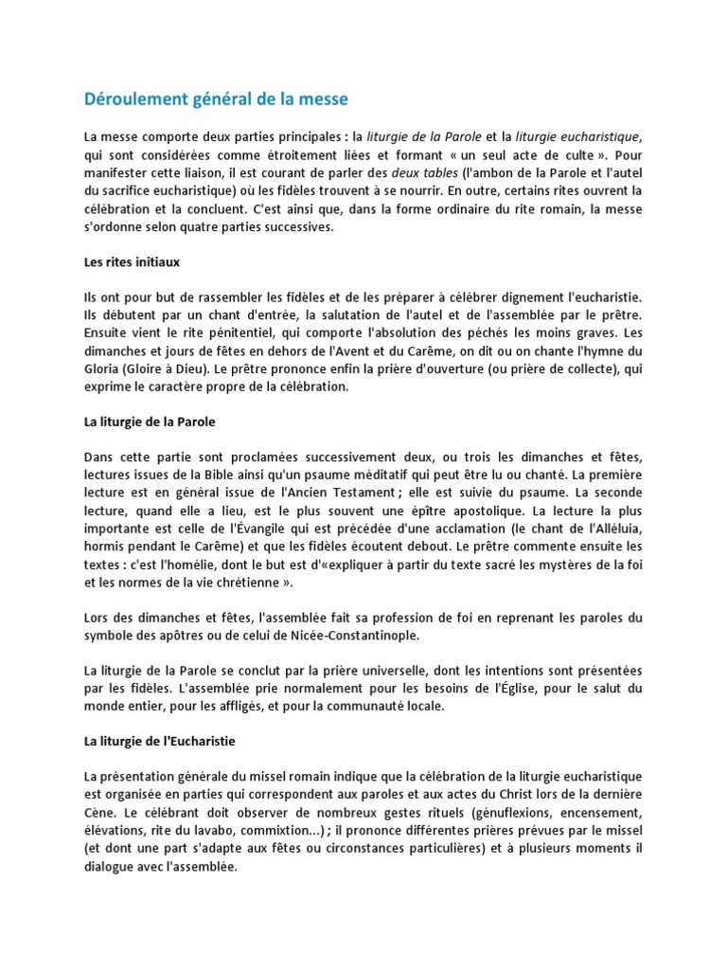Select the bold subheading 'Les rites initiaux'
132,262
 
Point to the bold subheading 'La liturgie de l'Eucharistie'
160,741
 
